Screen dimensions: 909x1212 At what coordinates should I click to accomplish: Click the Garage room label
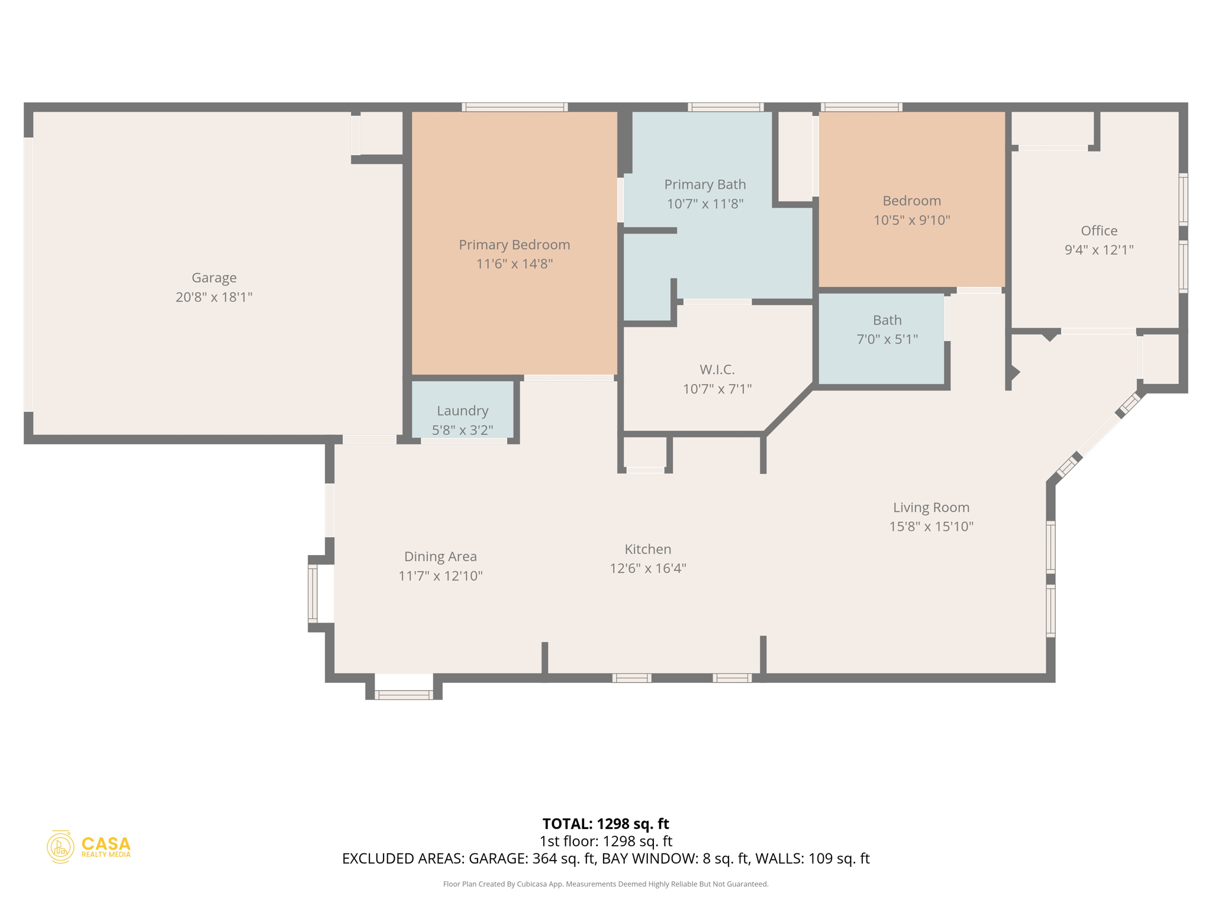[214, 278]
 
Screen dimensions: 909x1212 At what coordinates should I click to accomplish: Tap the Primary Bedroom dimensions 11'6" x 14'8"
[514, 264]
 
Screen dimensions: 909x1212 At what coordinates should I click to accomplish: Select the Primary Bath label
[705, 185]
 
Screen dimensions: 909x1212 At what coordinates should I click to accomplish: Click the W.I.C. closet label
[717, 370]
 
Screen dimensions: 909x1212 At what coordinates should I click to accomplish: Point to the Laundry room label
[462, 411]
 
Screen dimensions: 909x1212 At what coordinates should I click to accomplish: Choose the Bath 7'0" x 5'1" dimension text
[887, 339]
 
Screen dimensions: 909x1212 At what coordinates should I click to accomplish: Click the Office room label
[1099, 231]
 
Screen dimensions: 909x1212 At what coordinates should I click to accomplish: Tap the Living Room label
[931, 507]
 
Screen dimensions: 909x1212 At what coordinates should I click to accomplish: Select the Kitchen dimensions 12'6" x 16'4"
[648, 568]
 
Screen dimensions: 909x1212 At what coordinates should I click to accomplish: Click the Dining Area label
[440, 556]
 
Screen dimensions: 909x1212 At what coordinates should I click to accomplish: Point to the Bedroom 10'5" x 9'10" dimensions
[911, 220]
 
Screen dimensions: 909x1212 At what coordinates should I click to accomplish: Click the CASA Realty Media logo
[89, 847]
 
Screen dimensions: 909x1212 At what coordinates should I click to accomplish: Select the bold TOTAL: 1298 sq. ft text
[605, 824]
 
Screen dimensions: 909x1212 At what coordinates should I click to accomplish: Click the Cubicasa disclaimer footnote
[605, 884]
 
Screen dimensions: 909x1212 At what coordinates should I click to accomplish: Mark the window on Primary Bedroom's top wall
[515, 107]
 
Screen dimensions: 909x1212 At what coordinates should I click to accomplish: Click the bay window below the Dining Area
[404, 695]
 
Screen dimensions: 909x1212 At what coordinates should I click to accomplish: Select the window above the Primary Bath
[726, 107]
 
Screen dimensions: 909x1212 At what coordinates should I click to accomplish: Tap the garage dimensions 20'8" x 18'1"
[214, 297]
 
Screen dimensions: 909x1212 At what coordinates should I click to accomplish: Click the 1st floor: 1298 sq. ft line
[605, 841]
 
